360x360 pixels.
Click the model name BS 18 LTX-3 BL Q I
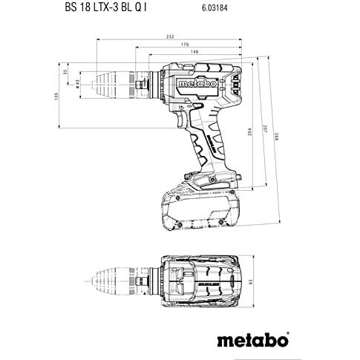pyautogui.click(x=105, y=7)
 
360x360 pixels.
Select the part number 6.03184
pyautogui.click(x=215, y=8)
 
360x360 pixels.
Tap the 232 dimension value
pyautogui.click(x=170, y=36)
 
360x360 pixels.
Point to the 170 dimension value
pyautogui.click(x=185, y=45)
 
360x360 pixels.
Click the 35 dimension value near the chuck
pyautogui.click(x=65, y=72)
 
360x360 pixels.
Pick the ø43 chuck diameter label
pyautogui.click(x=77, y=83)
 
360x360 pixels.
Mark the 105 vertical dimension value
pyautogui.click(x=56, y=96)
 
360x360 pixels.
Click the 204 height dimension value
pyautogui.click(x=249, y=131)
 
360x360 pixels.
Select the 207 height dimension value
pyautogui.click(x=265, y=129)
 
